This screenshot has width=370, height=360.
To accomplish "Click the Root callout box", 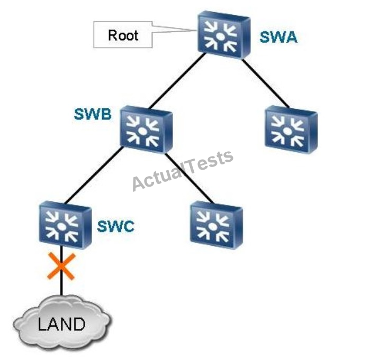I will coord(123,35).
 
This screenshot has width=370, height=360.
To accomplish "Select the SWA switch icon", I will coord(223,35).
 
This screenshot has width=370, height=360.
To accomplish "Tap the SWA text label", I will coord(278,38).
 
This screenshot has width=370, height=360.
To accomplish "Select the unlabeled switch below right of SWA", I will coord(290,127).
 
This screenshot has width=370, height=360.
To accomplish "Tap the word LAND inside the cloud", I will coord(61,324).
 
